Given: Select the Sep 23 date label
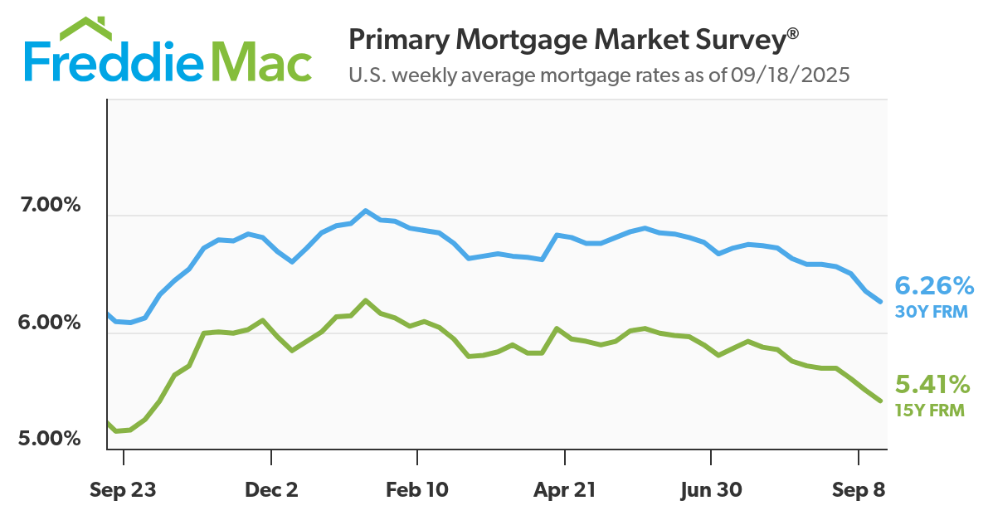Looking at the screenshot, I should pos(123,490).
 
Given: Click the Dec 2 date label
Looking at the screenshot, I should pos(271,490).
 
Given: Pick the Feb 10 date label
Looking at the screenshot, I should pos(418,490).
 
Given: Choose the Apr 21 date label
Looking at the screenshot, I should pos(564,490).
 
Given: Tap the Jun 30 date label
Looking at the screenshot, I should pos(711,490).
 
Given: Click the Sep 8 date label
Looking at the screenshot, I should pos(858,490).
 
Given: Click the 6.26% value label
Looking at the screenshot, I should pos(934,287).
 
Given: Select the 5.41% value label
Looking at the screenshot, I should pos(932,385).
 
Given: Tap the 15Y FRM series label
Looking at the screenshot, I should pos(929,410).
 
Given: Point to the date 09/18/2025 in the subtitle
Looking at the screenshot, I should pos(791,75).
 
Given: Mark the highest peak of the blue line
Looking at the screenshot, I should pos(365,211).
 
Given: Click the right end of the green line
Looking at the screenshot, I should pos(880,401).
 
